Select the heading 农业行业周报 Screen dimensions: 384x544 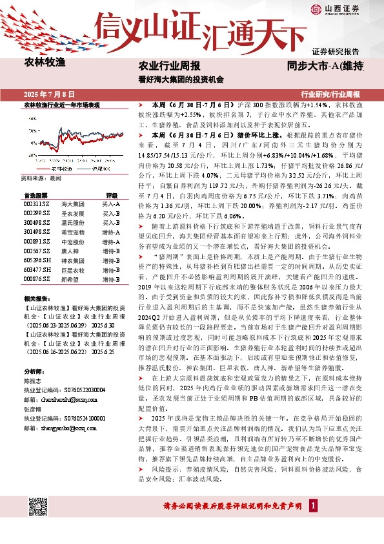(x=170, y=67)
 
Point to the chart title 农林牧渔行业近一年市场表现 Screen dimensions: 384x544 (x=62, y=105)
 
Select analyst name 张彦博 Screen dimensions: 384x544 (x=32, y=428)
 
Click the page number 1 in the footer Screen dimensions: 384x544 (x=312, y=504)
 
